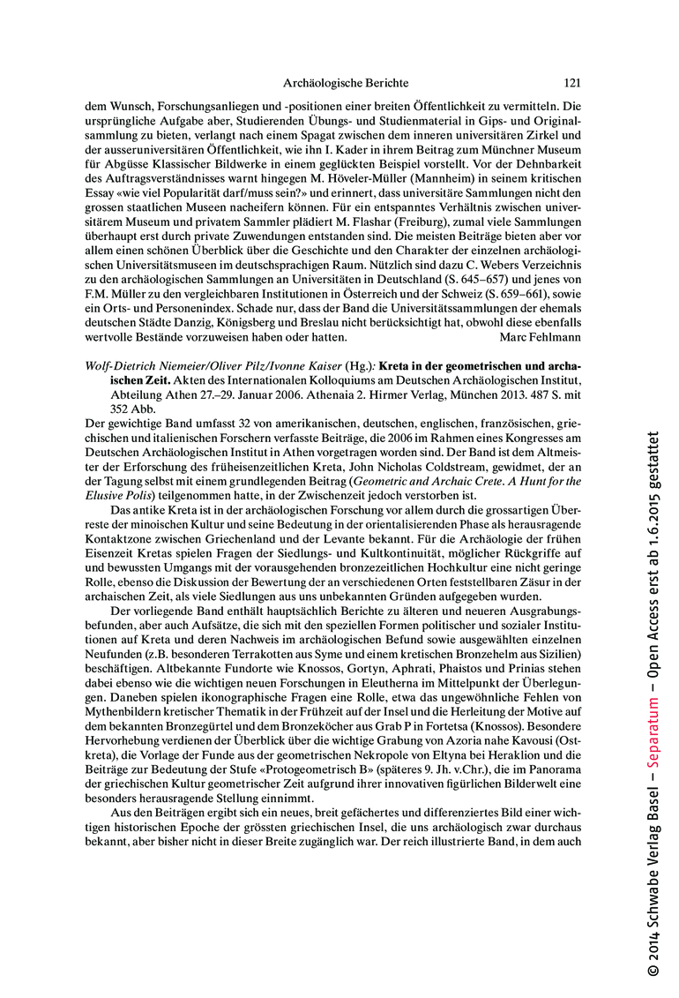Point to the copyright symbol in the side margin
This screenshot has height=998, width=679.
[x=653, y=969]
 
